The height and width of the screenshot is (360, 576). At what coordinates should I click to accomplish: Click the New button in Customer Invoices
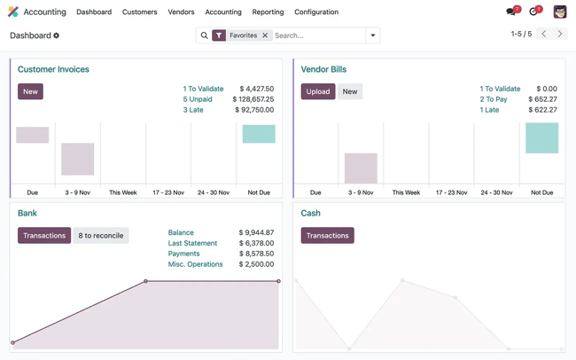click(x=30, y=91)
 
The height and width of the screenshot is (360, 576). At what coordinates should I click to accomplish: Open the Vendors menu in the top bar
click(x=181, y=12)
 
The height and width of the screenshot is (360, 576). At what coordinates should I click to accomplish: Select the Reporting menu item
click(x=268, y=12)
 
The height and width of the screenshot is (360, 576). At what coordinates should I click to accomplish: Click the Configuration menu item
click(x=316, y=12)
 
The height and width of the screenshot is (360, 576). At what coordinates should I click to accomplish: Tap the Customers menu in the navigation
click(x=140, y=12)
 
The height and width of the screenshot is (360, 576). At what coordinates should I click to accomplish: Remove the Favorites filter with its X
click(x=265, y=35)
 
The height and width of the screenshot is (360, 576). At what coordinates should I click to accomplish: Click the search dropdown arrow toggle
click(x=373, y=35)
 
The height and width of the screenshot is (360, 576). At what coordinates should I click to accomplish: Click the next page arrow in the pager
click(x=560, y=35)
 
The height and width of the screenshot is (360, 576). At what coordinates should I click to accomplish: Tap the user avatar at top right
click(x=560, y=12)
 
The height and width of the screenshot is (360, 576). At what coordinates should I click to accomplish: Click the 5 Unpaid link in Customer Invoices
click(x=198, y=99)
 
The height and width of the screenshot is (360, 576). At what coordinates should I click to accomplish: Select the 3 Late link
click(x=193, y=110)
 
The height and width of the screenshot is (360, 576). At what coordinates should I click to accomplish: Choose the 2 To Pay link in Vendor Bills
click(x=494, y=99)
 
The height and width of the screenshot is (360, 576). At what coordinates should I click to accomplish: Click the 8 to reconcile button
click(x=101, y=236)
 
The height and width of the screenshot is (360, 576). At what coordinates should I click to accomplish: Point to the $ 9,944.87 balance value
click(x=256, y=232)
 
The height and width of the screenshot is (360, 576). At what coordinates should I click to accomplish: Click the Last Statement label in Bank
click(x=192, y=243)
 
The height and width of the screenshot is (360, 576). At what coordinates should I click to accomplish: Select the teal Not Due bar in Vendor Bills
click(x=541, y=138)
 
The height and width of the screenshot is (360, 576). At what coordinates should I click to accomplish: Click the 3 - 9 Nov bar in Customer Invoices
click(x=78, y=159)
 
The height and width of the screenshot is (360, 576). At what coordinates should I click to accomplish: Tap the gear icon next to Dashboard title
click(x=57, y=35)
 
